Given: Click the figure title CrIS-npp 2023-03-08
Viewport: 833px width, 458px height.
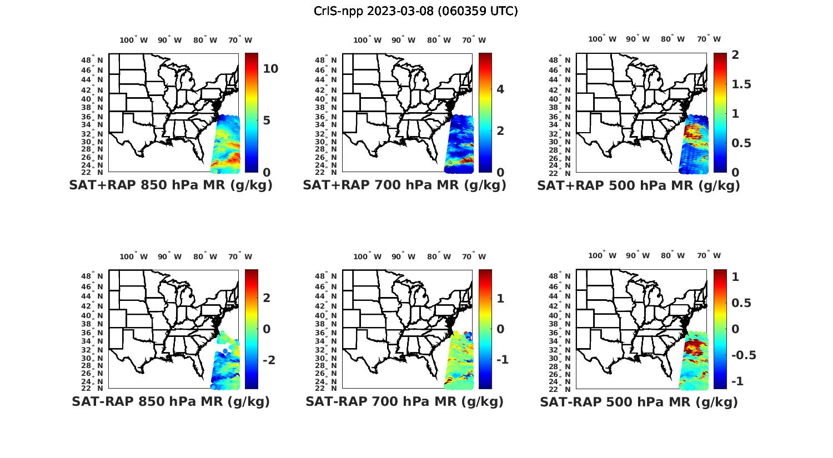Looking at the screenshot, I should [415, 11].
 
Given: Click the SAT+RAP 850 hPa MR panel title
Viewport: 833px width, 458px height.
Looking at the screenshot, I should [170, 185].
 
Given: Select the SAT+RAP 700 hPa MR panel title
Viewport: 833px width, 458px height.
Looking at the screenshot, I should [404, 185].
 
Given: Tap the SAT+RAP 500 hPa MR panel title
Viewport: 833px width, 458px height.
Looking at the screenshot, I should [638, 185].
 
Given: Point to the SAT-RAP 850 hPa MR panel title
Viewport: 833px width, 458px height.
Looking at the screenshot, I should [170, 401].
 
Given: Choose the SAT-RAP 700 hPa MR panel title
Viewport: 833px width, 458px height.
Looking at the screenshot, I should [404, 401].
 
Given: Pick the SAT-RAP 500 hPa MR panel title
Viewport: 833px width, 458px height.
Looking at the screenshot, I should [639, 402].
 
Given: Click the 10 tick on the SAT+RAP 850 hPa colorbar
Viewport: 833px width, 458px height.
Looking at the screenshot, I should [270, 69].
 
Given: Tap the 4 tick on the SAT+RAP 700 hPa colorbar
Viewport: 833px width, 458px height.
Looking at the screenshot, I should [500, 89].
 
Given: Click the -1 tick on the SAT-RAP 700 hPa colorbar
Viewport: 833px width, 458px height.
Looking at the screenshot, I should [501, 360].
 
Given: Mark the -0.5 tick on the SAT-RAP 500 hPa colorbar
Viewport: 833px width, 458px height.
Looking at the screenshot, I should [743, 355].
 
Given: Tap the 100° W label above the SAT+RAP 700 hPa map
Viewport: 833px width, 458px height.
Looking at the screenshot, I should [367, 40].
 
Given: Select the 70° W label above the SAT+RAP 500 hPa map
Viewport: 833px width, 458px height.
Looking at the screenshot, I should [709, 39].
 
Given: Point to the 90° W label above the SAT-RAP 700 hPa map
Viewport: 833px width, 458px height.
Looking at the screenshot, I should [403, 256].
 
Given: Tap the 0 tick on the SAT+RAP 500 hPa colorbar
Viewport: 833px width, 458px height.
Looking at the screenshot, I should [735, 172].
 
